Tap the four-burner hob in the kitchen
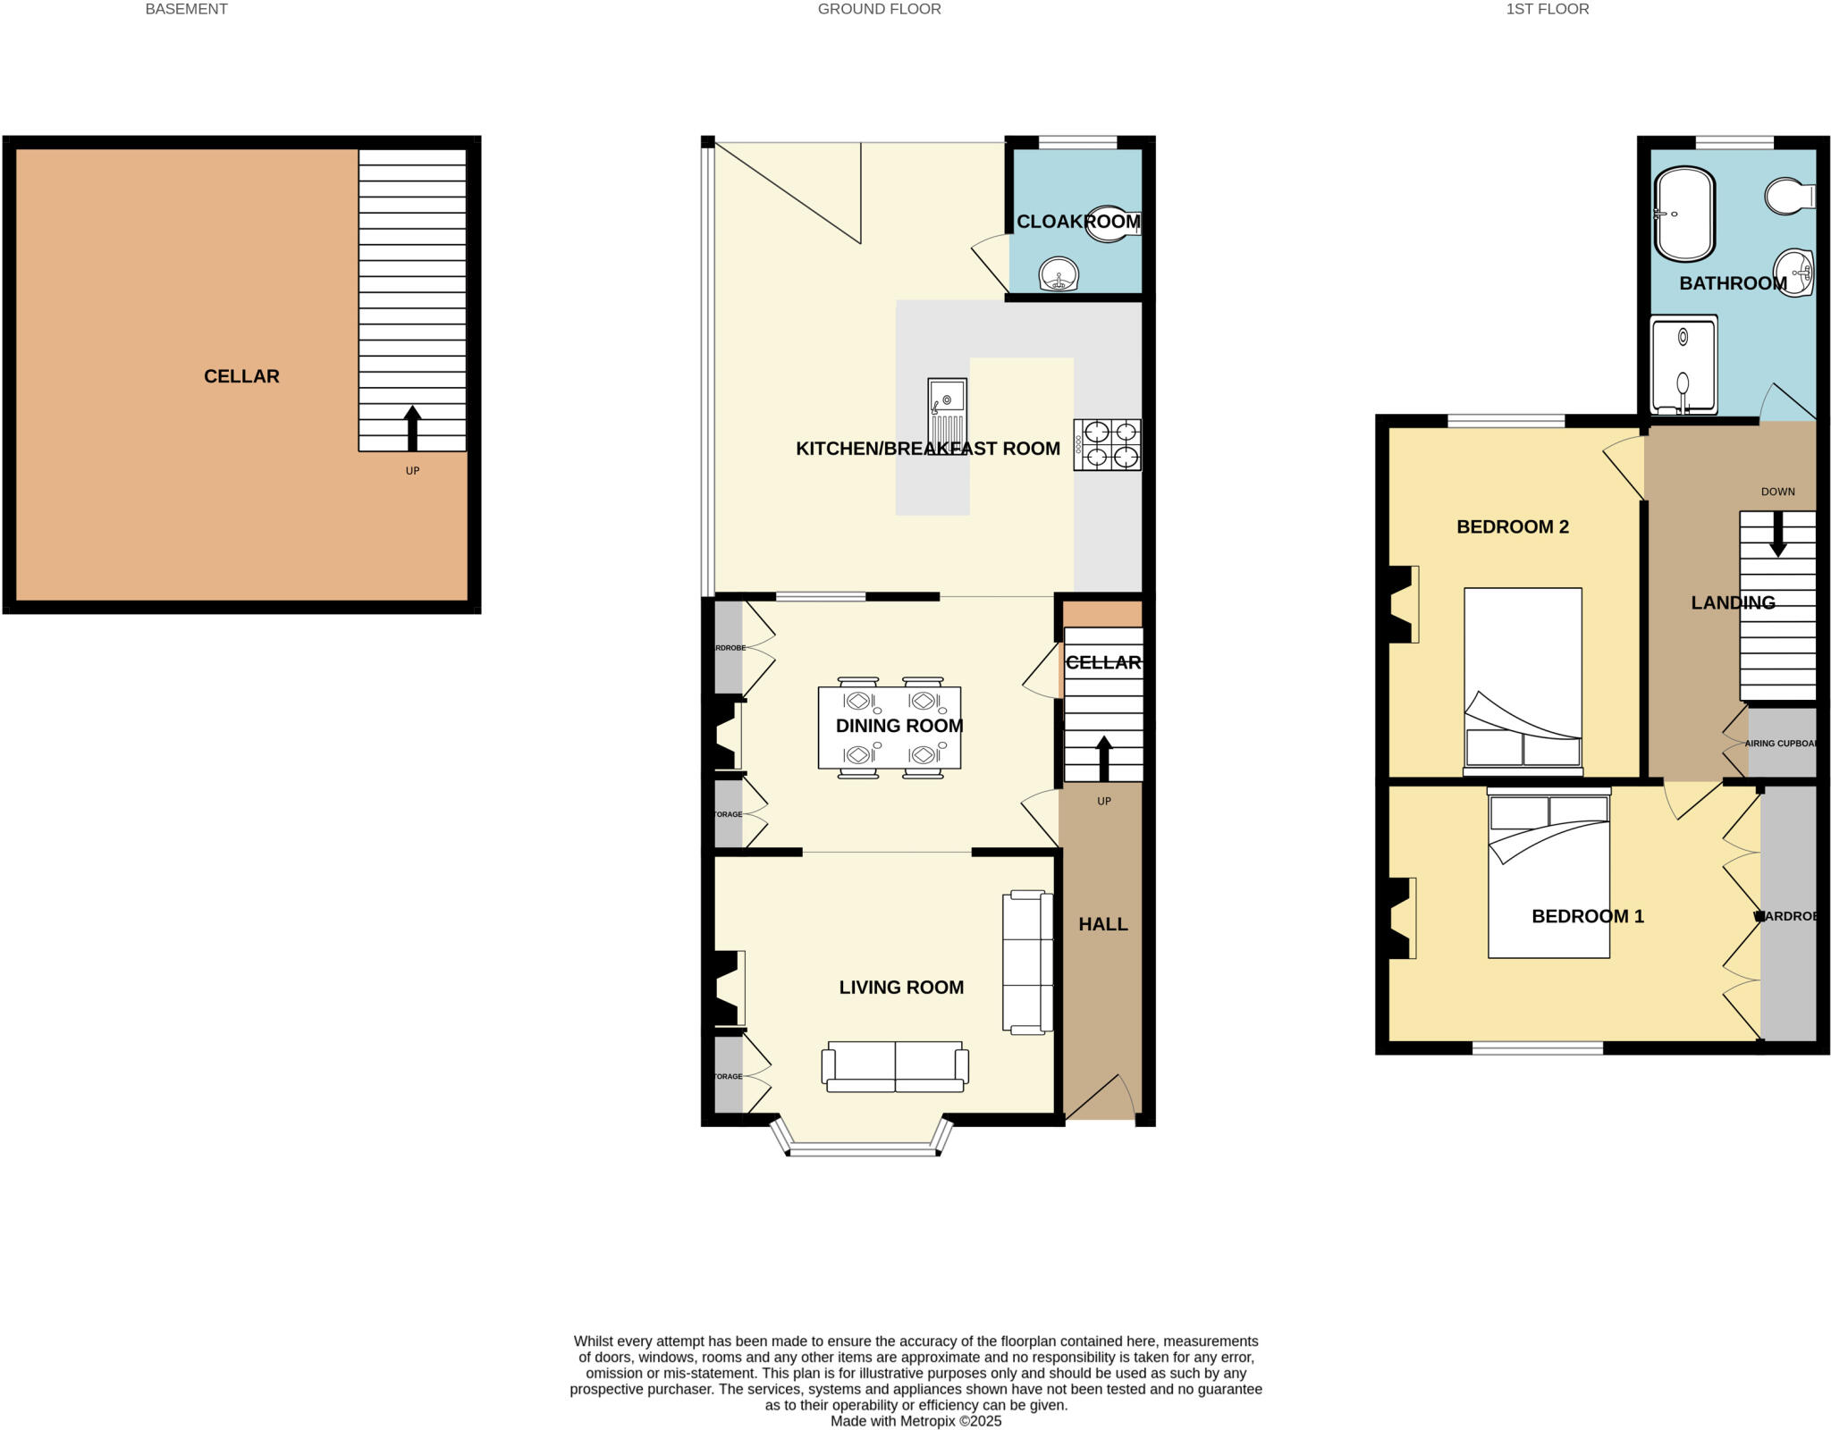tap(1108, 445)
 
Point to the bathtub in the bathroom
tap(1684, 214)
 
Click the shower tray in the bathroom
tap(1683, 365)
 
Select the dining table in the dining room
tap(890, 728)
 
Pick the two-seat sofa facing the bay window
tap(895, 1066)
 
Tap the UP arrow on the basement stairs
tap(412, 428)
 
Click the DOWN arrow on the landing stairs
tap(1777, 533)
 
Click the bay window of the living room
tap(863, 1149)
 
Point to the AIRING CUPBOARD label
tap(1780, 744)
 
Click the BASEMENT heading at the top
tap(186, 9)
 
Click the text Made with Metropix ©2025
tap(915, 1421)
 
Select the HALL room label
tap(1102, 924)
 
